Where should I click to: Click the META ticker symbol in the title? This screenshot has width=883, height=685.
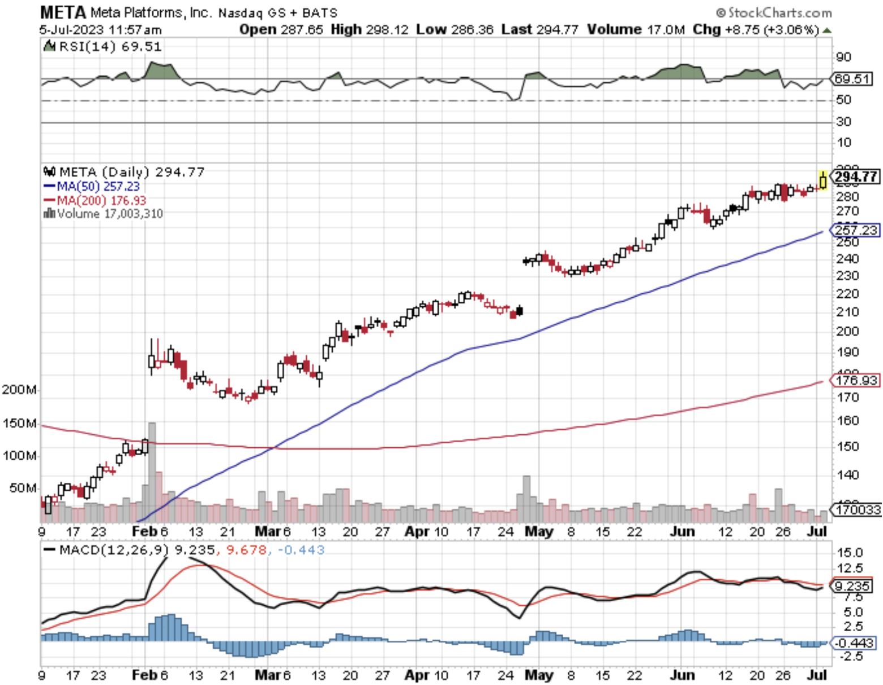63,12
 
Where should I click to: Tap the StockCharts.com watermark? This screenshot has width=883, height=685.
774,12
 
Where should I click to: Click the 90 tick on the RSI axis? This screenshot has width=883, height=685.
843,57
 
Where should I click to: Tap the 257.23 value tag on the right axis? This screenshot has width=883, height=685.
856,230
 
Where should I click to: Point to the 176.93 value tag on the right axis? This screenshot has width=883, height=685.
856,380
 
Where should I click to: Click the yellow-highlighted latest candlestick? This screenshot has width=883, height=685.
823,181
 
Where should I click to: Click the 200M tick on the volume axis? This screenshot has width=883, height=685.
19,389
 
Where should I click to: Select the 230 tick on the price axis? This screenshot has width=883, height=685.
847,276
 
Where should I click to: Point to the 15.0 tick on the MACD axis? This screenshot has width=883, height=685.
850,553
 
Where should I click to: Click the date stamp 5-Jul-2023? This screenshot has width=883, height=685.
71,29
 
